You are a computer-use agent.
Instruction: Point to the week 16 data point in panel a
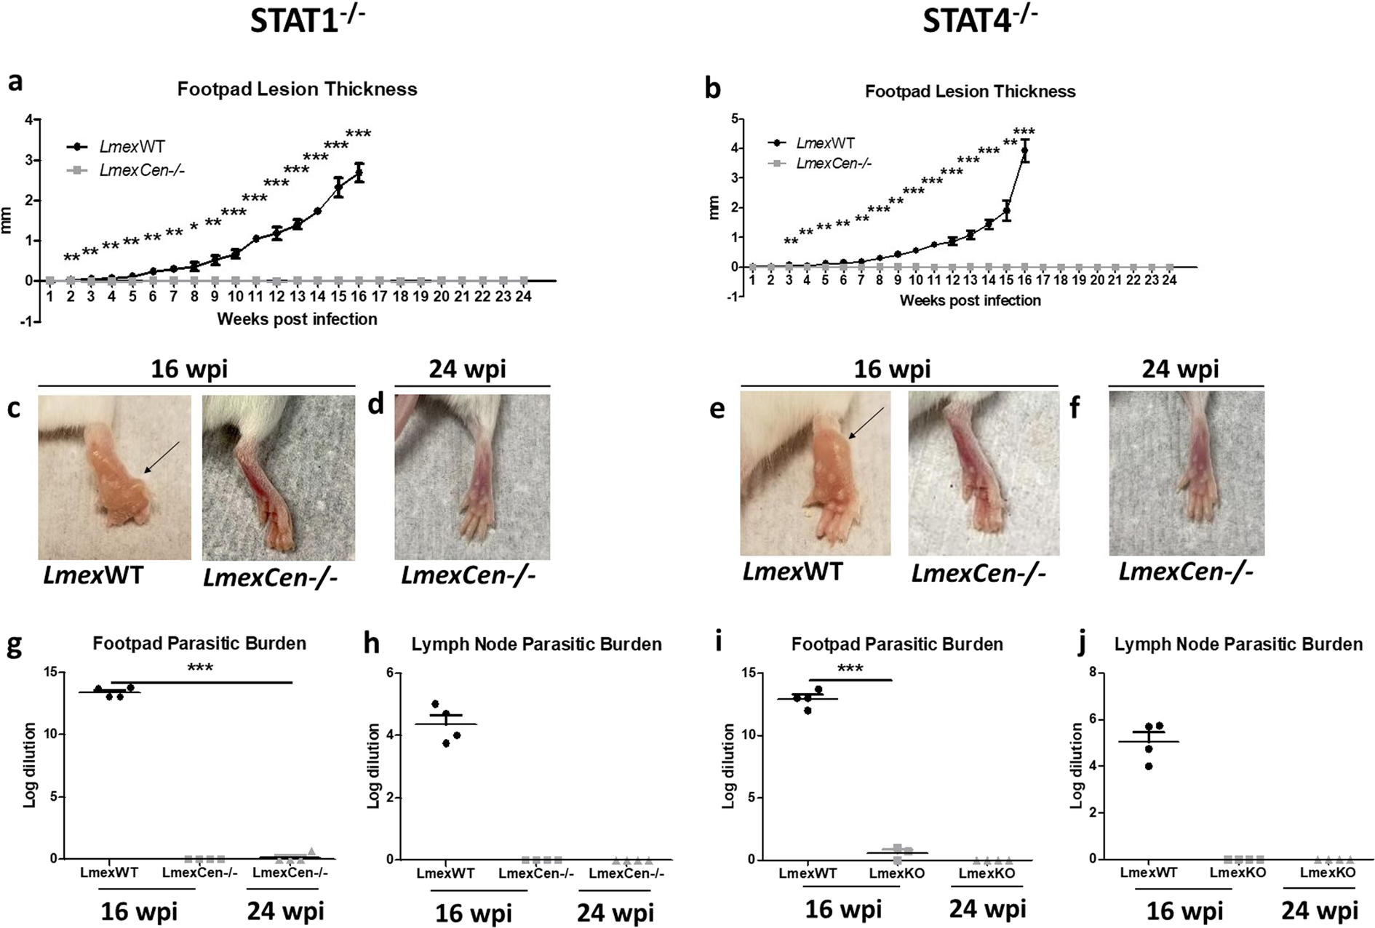coord(359,173)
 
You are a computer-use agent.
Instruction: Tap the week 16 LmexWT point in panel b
coord(1024,151)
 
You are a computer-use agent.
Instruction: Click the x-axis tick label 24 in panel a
coord(524,297)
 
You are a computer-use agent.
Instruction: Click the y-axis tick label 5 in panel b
coord(734,119)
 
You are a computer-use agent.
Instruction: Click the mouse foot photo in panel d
coord(472,477)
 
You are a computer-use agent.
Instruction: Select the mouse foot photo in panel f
coord(1187,473)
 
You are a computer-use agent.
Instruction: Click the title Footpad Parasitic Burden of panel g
coord(199,644)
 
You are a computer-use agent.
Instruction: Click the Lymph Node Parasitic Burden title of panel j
coord(1238,644)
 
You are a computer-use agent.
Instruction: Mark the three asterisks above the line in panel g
coord(200,668)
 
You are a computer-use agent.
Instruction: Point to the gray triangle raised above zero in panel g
coord(311,852)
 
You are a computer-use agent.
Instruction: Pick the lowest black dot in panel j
coord(1149,766)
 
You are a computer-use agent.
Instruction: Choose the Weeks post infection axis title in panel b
coord(970,301)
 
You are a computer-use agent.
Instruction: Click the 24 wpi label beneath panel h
coord(615,912)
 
